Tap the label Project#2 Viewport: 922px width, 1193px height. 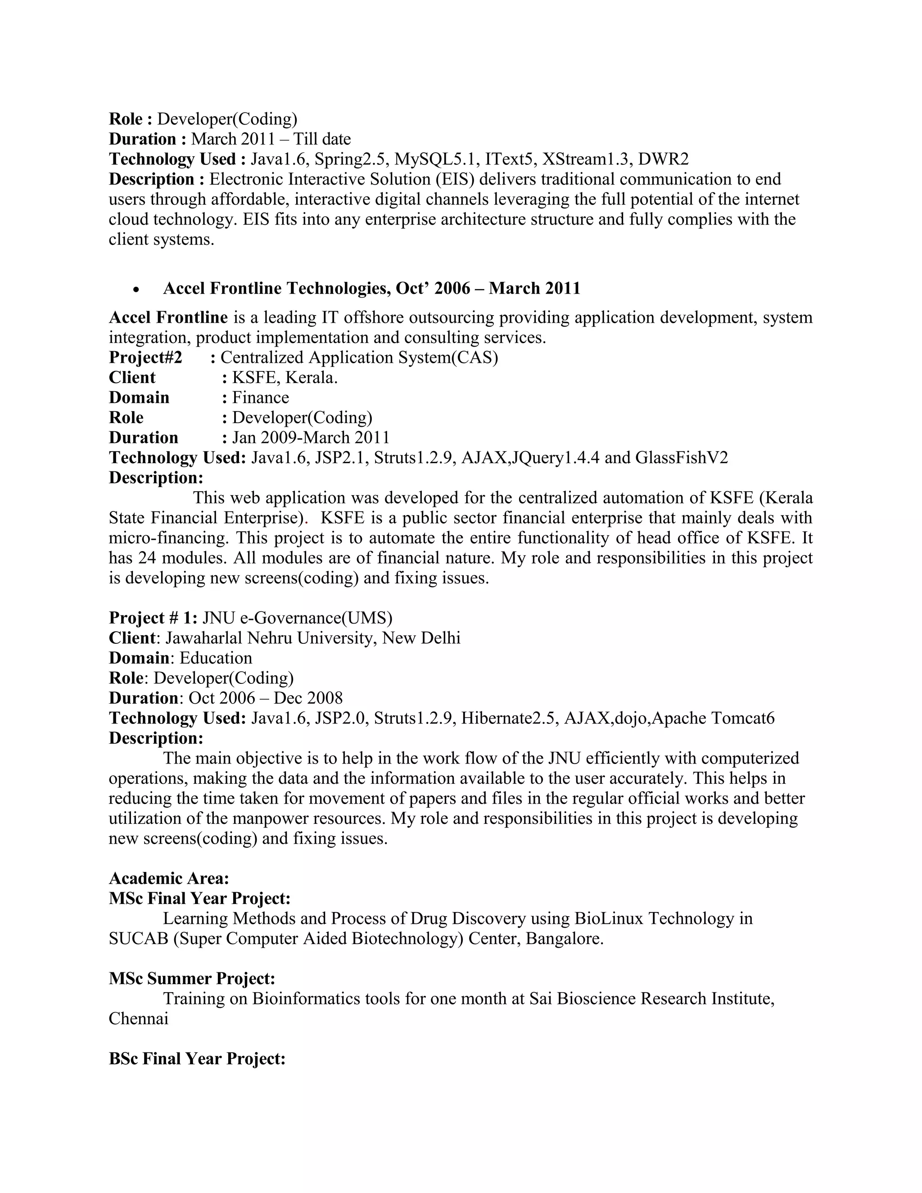point(145,357)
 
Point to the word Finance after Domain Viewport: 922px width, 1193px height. point(261,397)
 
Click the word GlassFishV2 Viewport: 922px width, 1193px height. point(682,457)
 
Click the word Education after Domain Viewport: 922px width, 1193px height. point(216,658)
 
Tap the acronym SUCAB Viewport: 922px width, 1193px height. point(138,939)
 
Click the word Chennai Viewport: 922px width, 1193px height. point(138,1018)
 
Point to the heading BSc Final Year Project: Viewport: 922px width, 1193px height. point(197,1059)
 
